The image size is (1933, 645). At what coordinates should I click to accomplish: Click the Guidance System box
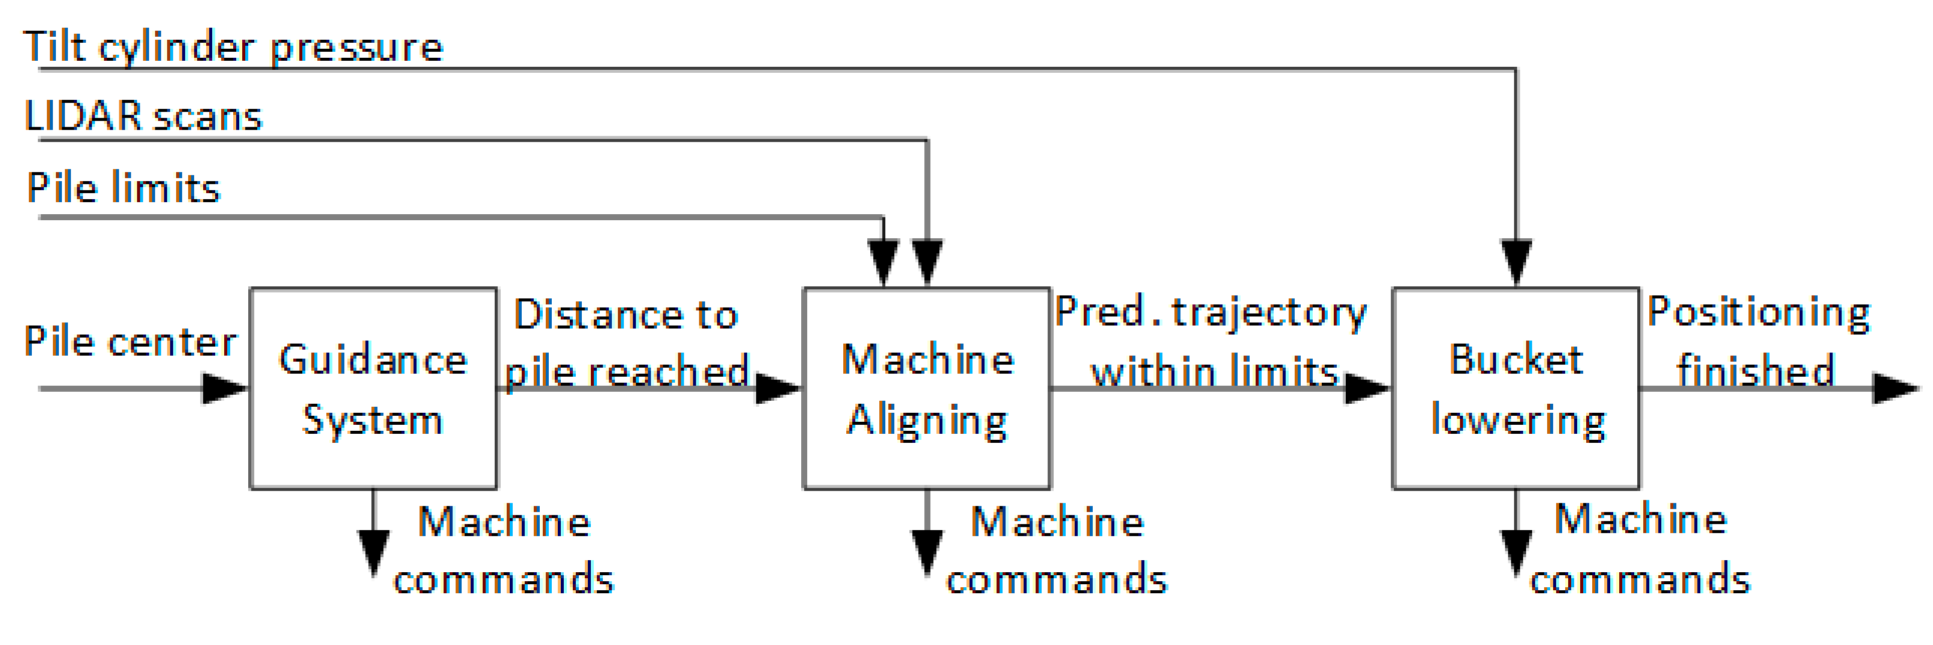(x=373, y=388)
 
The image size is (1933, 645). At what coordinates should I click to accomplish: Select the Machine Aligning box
(x=927, y=388)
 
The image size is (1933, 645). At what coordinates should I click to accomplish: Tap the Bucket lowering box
(x=1516, y=388)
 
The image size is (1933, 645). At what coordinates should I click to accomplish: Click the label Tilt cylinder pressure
(x=233, y=48)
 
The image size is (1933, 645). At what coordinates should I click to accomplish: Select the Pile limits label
(x=124, y=188)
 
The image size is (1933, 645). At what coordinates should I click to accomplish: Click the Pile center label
(x=130, y=342)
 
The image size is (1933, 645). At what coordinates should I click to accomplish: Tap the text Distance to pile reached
(x=626, y=342)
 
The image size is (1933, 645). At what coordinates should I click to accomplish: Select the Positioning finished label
(x=1758, y=342)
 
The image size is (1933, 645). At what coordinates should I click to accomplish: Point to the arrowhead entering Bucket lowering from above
(x=1516, y=261)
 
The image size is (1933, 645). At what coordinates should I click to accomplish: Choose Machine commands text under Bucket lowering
(x=1640, y=550)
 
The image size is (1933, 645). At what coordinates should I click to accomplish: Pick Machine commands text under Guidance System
(x=504, y=551)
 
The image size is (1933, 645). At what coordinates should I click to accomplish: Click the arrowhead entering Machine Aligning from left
(x=779, y=388)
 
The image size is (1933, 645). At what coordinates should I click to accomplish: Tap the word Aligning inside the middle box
(x=927, y=421)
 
